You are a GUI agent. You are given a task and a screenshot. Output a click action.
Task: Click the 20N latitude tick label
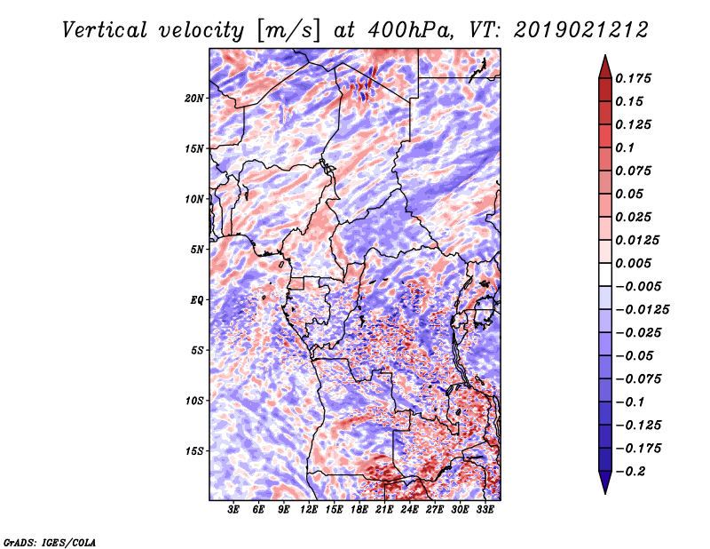tap(193, 99)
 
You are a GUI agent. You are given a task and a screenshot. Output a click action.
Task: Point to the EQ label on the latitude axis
tap(196, 300)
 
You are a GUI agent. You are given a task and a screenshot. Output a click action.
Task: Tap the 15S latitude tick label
tap(194, 451)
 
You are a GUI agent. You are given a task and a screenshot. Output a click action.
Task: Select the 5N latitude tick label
tap(197, 250)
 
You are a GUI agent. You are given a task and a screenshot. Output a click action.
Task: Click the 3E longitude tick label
tap(233, 510)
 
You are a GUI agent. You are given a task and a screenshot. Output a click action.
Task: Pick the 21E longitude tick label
tap(384, 510)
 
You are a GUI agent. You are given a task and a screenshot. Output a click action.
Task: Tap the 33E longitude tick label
tap(485, 510)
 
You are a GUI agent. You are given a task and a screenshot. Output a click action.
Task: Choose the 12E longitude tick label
tap(308, 510)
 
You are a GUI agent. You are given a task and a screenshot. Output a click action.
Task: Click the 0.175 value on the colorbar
tap(633, 78)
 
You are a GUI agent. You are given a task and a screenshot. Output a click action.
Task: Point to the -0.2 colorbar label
tap(630, 472)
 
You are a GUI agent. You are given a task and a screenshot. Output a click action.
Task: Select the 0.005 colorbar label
tap(633, 263)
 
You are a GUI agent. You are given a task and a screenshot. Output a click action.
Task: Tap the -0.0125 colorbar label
tap(642, 310)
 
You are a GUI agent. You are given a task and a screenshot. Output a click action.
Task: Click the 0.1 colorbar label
tap(625, 147)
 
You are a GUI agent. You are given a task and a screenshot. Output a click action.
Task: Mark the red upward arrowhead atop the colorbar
tap(605, 67)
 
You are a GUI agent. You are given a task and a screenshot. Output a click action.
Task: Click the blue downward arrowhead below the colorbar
tap(605, 482)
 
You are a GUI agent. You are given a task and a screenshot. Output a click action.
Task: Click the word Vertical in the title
tap(105, 30)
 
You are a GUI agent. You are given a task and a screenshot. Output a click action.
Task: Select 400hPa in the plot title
tap(410, 30)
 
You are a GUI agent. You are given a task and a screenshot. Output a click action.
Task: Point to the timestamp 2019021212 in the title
tap(581, 30)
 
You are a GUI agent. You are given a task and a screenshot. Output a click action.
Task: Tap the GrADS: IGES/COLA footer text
tap(50, 542)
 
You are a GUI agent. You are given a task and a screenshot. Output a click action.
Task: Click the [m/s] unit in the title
tap(288, 31)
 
